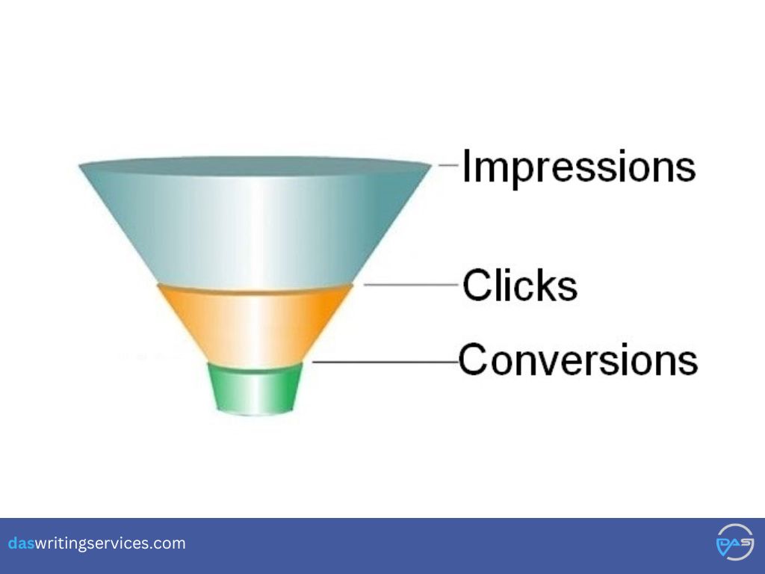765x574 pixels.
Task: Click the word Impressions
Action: (579, 167)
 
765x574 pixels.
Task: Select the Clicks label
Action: (520, 285)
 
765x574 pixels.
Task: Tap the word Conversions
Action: (578, 359)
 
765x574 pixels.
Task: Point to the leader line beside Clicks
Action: (411, 284)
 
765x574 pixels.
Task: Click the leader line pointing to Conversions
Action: (385, 362)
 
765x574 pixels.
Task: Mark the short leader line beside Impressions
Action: (448, 165)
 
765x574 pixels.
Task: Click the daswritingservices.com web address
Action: (96, 543)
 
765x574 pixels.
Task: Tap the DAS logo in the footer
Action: (735, 542)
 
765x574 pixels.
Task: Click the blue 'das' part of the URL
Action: (20, 543)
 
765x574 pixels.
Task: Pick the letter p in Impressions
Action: (522, 173)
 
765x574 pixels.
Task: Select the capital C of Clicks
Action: (476, 284)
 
